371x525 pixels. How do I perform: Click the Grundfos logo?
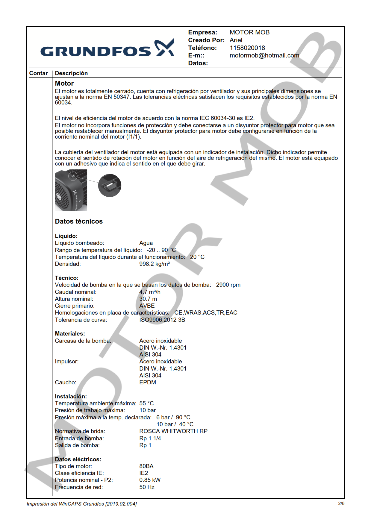click(x=107, y=48)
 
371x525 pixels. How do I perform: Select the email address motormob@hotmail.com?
click(x=264, y=55)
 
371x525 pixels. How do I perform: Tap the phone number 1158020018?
click(x=247, y=48)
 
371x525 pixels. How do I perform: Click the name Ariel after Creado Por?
click(x=236, y=40)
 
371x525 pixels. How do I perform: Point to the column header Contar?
click(x=38, y=73)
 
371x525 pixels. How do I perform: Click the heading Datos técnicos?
click(x=79, y=221)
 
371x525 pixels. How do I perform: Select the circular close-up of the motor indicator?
click(x=110, y=186)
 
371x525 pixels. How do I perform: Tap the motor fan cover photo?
click(x=71, y=190)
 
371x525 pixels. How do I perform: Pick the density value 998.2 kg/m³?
click(x=155, y=264)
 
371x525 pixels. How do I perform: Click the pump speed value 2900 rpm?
click(x=228, y=285)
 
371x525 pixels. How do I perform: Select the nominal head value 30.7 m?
click(x=148, y=299)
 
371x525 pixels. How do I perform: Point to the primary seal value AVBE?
click(x=147, y=306)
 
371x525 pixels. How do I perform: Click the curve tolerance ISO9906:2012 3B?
click(x=162, y=320)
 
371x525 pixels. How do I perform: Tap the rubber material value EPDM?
click(x=148, y=383)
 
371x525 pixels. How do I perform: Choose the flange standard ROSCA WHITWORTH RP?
click(x=173, y=431)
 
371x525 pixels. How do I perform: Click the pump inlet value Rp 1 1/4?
click(x=150, y=438)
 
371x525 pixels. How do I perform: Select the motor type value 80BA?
click(x=146, y=466)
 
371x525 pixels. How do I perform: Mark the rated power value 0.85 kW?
click(x=150, y=480)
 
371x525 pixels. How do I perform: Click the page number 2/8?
click(x=341, y=503)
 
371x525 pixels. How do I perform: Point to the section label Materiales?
click(x=70, y=334)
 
